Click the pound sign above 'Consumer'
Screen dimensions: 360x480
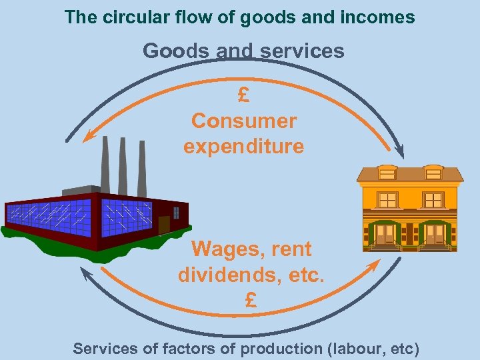[x=243, y=95]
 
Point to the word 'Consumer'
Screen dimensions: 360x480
[x=243, y=121]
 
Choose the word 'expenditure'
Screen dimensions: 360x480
[x=243, y=146]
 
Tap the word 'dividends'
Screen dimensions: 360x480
[x=223, y=275]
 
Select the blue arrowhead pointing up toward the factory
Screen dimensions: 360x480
[x=85, y=273]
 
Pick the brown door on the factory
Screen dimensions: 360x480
[x=164, y=224]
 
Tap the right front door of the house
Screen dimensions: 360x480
[x=434, y=234]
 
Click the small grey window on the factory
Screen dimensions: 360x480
[x=176, y=212]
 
